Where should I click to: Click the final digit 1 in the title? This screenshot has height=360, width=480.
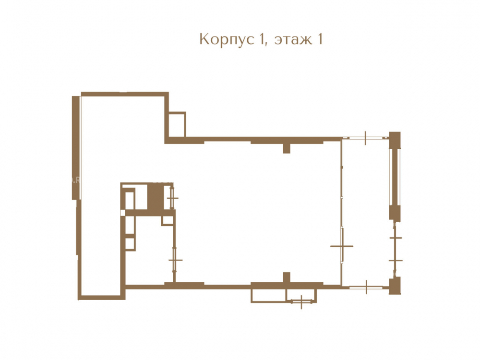(320, 39)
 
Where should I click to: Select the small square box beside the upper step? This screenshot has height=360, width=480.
(177, 125)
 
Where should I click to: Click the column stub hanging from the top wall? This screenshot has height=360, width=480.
(287, 148)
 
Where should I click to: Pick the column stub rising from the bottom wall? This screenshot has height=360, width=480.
(287, 277)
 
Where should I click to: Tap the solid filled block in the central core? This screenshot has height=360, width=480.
(156, 197)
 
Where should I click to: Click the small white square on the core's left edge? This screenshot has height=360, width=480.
(123, 213)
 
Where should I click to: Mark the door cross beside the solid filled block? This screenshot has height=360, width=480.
(172, 198)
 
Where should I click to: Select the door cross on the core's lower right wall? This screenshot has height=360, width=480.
(175, 260)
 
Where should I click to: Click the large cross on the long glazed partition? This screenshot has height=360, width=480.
(342, 246)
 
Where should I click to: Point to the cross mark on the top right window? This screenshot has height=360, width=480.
(365, 138)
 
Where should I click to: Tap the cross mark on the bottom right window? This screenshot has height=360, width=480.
(366, 287)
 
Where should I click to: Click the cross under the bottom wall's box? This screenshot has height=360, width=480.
(301, 302)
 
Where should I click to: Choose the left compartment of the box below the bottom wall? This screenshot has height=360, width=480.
(268, 296)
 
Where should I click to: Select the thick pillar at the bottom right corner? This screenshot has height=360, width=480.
(395, 286)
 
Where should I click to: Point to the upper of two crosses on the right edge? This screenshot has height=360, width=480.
(396, 238)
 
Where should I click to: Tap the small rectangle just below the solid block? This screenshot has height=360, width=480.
(168, 220)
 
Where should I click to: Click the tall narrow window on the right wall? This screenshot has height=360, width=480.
(395, 177)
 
